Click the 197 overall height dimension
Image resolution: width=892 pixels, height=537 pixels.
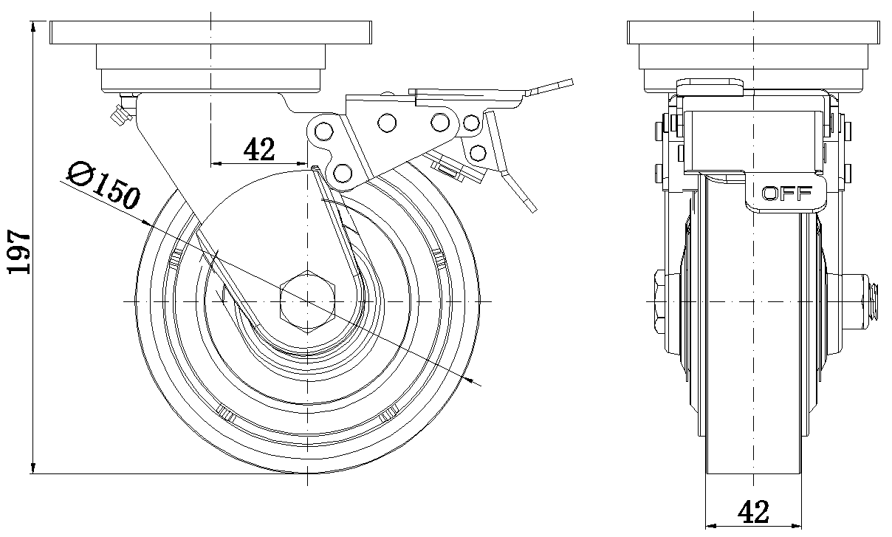coord(18,251)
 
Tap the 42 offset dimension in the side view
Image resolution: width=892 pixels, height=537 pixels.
coord(258,149)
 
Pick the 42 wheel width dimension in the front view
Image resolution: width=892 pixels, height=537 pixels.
coord(753,512)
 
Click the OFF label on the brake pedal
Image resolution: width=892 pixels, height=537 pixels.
coord(786,194)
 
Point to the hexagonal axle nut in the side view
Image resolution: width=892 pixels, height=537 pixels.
coord(307,301)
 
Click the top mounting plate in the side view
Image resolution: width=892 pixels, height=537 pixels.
coord(210,33)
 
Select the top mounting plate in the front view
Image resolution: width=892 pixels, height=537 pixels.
coord(753,33)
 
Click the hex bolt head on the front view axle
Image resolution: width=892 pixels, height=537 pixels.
coord(659,301)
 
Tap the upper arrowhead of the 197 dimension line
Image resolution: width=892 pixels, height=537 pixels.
coord(34,27)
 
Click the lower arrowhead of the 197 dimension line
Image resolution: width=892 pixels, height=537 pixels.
coord(34,468)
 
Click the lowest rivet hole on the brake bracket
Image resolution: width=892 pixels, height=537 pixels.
coord(341,173)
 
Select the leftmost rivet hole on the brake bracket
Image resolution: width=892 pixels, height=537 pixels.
coord(322,131)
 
